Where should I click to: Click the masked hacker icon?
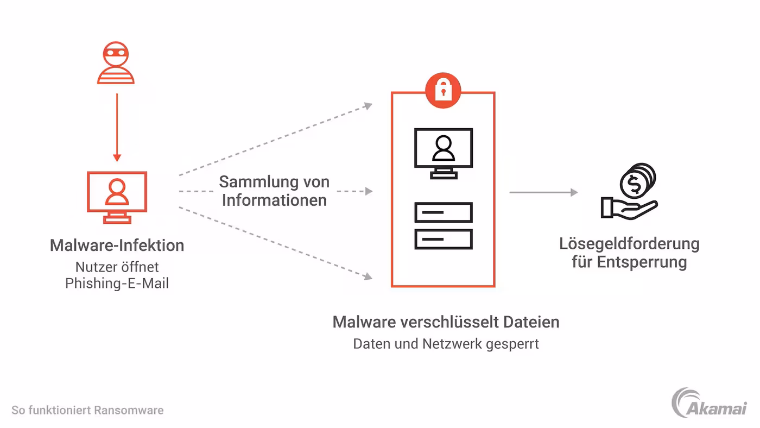pos(116,64)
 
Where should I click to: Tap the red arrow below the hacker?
pos(117,127)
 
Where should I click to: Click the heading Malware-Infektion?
pos(117,246)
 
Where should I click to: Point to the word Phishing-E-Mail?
pos(117,283)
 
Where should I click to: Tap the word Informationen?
pos(274,200)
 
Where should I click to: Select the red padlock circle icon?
pos(443,89)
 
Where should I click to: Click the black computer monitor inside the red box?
pos(443,152)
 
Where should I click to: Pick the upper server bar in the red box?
pos(443,212)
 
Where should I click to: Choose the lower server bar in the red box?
pos(443,239)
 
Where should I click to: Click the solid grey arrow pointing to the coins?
pos(543,192)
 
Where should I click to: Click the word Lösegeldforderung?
pos(629,243)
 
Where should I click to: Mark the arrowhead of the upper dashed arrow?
pos(369,105)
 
